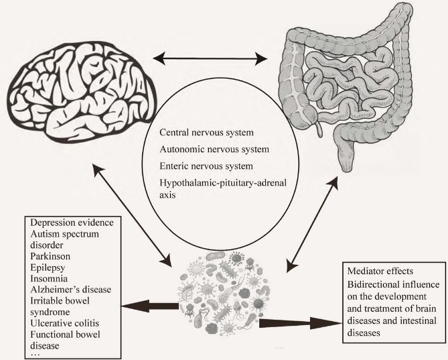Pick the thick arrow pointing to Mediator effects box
tap(295, 322)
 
